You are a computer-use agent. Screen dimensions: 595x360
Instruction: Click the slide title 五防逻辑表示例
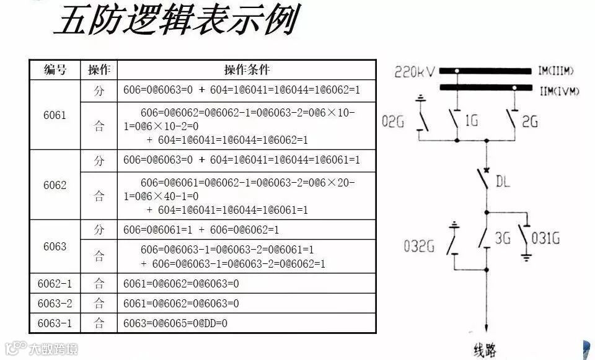point(175,21)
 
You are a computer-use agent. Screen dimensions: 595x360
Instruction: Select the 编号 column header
point(55,69)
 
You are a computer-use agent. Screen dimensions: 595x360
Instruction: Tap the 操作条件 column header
point(247,69)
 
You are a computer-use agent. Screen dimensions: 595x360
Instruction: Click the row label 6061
point(55,115)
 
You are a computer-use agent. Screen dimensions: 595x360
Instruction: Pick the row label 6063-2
point(55,304)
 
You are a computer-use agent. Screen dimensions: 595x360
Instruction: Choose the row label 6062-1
point(55,284)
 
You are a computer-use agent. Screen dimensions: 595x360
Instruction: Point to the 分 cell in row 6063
point(99,229)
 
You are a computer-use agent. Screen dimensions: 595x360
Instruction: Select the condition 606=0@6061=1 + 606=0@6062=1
point(201,229)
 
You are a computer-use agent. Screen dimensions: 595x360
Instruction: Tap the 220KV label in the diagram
point(415,74)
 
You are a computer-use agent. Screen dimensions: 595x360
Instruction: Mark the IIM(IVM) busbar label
point(558,91)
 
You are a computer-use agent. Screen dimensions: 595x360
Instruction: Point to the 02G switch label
point(393,122)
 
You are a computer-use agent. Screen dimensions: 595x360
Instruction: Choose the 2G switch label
point(530,122)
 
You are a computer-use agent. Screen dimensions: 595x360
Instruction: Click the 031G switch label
point(547,237)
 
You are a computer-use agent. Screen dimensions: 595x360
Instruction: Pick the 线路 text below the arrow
point(485,351)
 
